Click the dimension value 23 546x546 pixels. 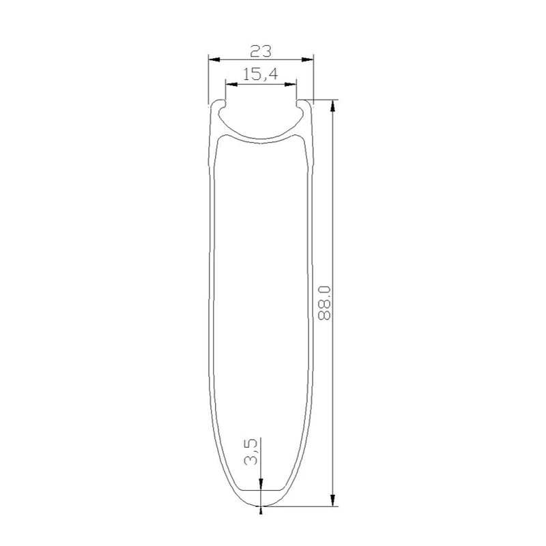pyautogui.click(x=261, y=52)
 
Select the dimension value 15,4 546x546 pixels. pyautogui.click(x=261, y=74)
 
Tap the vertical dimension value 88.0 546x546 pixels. pyautogui.click(x=325, y=303)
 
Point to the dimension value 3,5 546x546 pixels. pyautogui.click(x=251, y=452)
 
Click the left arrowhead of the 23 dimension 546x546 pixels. pyautogui.click(x=214, y=59)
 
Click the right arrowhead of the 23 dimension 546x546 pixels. pyautogui.click(x=308, y=59)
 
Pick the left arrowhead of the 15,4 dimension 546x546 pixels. pyautogui.click(x=231, y=84)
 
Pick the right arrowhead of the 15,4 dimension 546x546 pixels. pyautogui.click(x=291, y=84)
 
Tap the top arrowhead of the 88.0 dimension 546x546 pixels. pyautogui.click(x=333, y=106)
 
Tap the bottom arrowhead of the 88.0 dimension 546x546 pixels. pyautogui.click(x=333, y=500)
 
